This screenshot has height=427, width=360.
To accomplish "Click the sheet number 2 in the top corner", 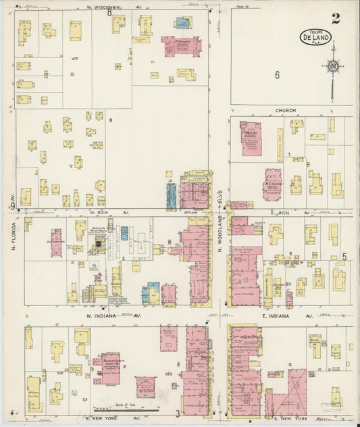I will (x=336, y=18).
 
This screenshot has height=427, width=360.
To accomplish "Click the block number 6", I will (x=277, y=75).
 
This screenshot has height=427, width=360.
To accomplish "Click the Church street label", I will (x=285, y=110).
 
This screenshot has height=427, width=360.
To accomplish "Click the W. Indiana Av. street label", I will (x=112, y=315).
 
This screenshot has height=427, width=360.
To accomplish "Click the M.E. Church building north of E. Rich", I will (x=273, y=184).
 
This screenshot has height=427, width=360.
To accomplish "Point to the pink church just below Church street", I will (x=251, y=137).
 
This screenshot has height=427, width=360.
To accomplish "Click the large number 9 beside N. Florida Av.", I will (x=12, y=205).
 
